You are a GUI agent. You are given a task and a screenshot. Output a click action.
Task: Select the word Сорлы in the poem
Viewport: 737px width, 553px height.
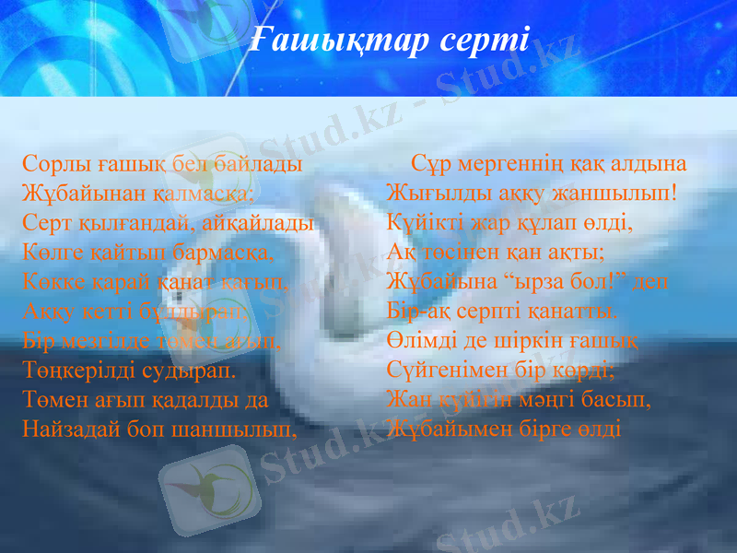53,166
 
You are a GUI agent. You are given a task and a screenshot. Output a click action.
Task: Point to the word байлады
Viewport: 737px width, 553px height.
262,166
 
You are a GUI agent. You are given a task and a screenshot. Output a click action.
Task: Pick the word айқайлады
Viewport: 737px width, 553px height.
263,224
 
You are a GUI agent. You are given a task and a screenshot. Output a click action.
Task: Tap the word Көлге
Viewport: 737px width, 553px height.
48,253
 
